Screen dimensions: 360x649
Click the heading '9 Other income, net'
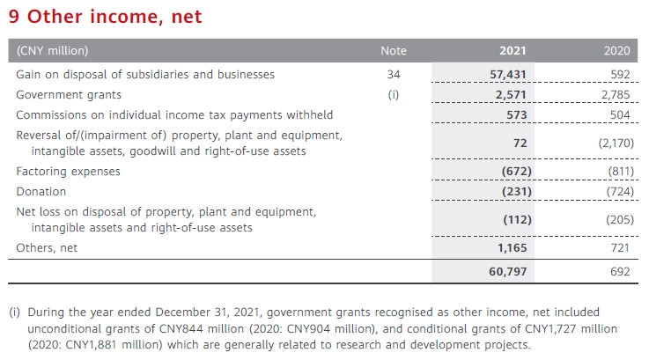(x=105, y=16)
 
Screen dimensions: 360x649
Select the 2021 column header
(x=513, y=51)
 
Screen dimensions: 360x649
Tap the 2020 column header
(x=617, y=51)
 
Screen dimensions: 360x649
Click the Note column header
(x=394, y=51)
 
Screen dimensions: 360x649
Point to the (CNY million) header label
(x=52, y=51)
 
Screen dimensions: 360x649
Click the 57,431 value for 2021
(x=508, y=75)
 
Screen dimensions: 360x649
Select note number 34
(x=394, y=75)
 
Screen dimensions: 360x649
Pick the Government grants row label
(x=69, y=95)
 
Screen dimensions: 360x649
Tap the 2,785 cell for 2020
(x=615, y=95)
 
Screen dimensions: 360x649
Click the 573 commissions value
(x=516, y=115)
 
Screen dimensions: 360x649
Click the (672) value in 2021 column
(x=513, y=171)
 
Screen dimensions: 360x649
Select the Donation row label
(x=41, y=191)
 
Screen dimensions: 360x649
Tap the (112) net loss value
(x=513, y=220)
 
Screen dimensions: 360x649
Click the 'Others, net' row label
(x=47, y=248)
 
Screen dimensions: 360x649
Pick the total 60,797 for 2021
(x=508, y=272)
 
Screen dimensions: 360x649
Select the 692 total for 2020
(x=620, y=272)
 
